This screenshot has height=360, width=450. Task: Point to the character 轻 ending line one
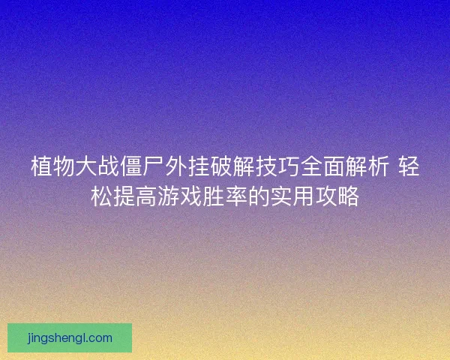409,166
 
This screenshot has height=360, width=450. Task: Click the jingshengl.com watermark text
69,338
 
